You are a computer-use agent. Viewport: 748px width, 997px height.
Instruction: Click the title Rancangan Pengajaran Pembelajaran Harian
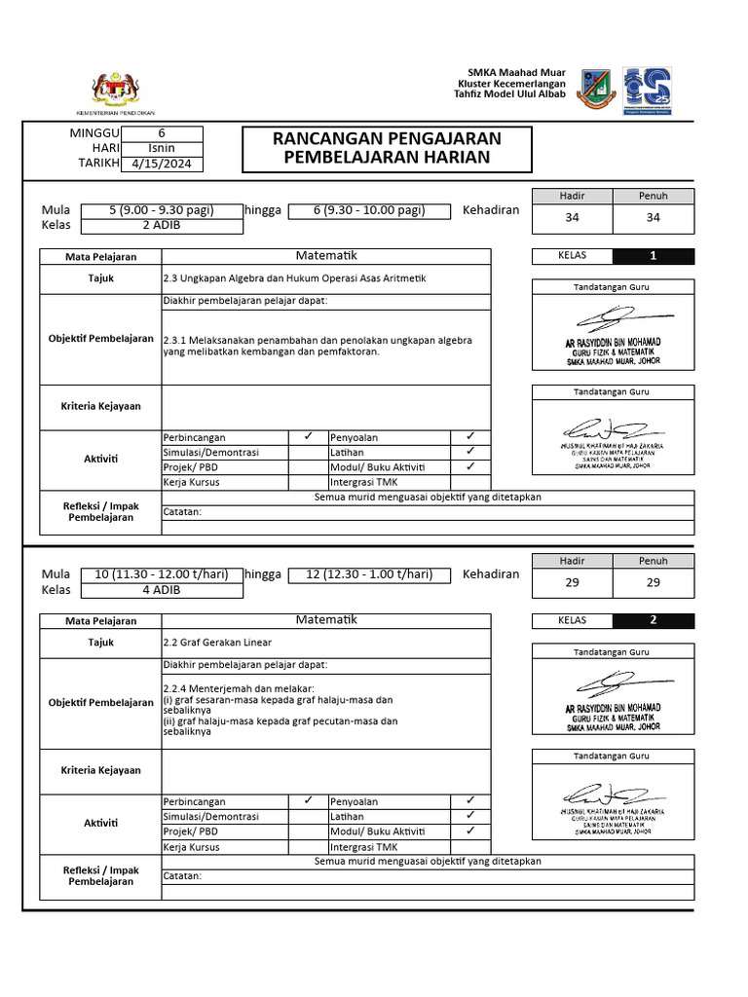pos(386,148)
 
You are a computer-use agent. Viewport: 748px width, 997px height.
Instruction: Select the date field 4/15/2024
pos(162,164)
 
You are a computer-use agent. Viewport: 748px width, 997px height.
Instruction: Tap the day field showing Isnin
pos(162,148)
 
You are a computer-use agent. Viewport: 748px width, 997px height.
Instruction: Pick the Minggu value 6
pos(162,133)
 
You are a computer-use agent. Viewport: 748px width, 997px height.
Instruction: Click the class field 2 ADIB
pos(161,226)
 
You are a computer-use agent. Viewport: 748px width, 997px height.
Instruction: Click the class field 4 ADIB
pos(161,590)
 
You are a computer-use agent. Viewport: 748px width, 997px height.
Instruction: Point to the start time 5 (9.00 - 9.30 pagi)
pos(161,210)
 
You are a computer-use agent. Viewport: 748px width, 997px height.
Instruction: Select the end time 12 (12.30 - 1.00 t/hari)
pos(369,574)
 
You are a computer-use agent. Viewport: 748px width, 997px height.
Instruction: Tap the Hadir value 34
pos(572,218)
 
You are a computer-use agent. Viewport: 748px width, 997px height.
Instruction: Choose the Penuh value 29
pos(653,582)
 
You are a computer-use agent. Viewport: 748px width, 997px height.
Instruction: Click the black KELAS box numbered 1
pos(654,257)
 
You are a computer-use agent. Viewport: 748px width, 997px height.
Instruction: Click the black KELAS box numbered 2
pos(654,620)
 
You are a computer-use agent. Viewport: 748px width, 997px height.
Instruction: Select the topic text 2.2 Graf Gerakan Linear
pos(217,643)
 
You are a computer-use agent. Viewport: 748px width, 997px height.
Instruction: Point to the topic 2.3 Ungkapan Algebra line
pos(294,278)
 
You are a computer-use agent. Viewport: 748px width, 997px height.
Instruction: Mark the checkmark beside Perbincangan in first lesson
pos(307,437)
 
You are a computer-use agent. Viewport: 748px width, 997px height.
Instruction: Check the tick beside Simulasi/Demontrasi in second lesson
pos(307,816)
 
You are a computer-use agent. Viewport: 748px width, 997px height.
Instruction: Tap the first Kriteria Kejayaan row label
pos(100,406)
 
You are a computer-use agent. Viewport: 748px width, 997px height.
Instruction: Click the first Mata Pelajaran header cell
pos(100,257)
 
